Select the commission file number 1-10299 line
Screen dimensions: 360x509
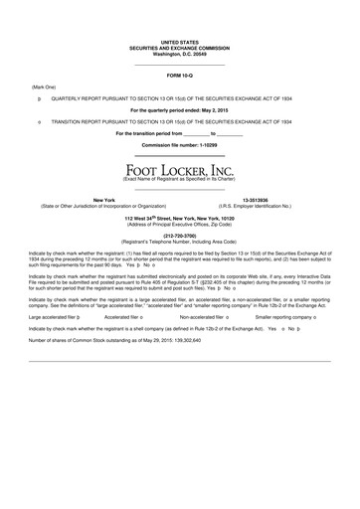(x=179, y=145)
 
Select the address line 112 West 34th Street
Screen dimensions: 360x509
(x=179, y=216)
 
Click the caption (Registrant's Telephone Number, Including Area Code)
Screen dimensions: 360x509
(x=179, y=242)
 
